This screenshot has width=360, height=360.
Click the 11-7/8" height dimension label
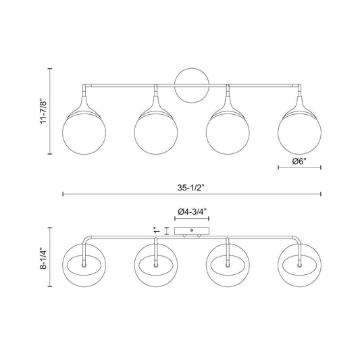(x=44, y=111)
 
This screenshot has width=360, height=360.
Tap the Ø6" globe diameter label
(x=299, y=161)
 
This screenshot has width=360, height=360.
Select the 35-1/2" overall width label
(x=190, y=188)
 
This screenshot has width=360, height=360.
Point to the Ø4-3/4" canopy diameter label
(x=192, y=211)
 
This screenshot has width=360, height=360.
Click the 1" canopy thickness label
(x=157, y=230)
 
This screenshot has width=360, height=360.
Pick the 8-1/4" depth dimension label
(x=44, y=258)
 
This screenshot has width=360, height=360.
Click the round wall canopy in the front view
(x=192, y=85)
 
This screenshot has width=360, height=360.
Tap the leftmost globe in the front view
(x=84, y=132)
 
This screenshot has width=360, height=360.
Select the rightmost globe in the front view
(x=299, y=132)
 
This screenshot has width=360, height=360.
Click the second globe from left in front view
(x=156, y=132)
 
